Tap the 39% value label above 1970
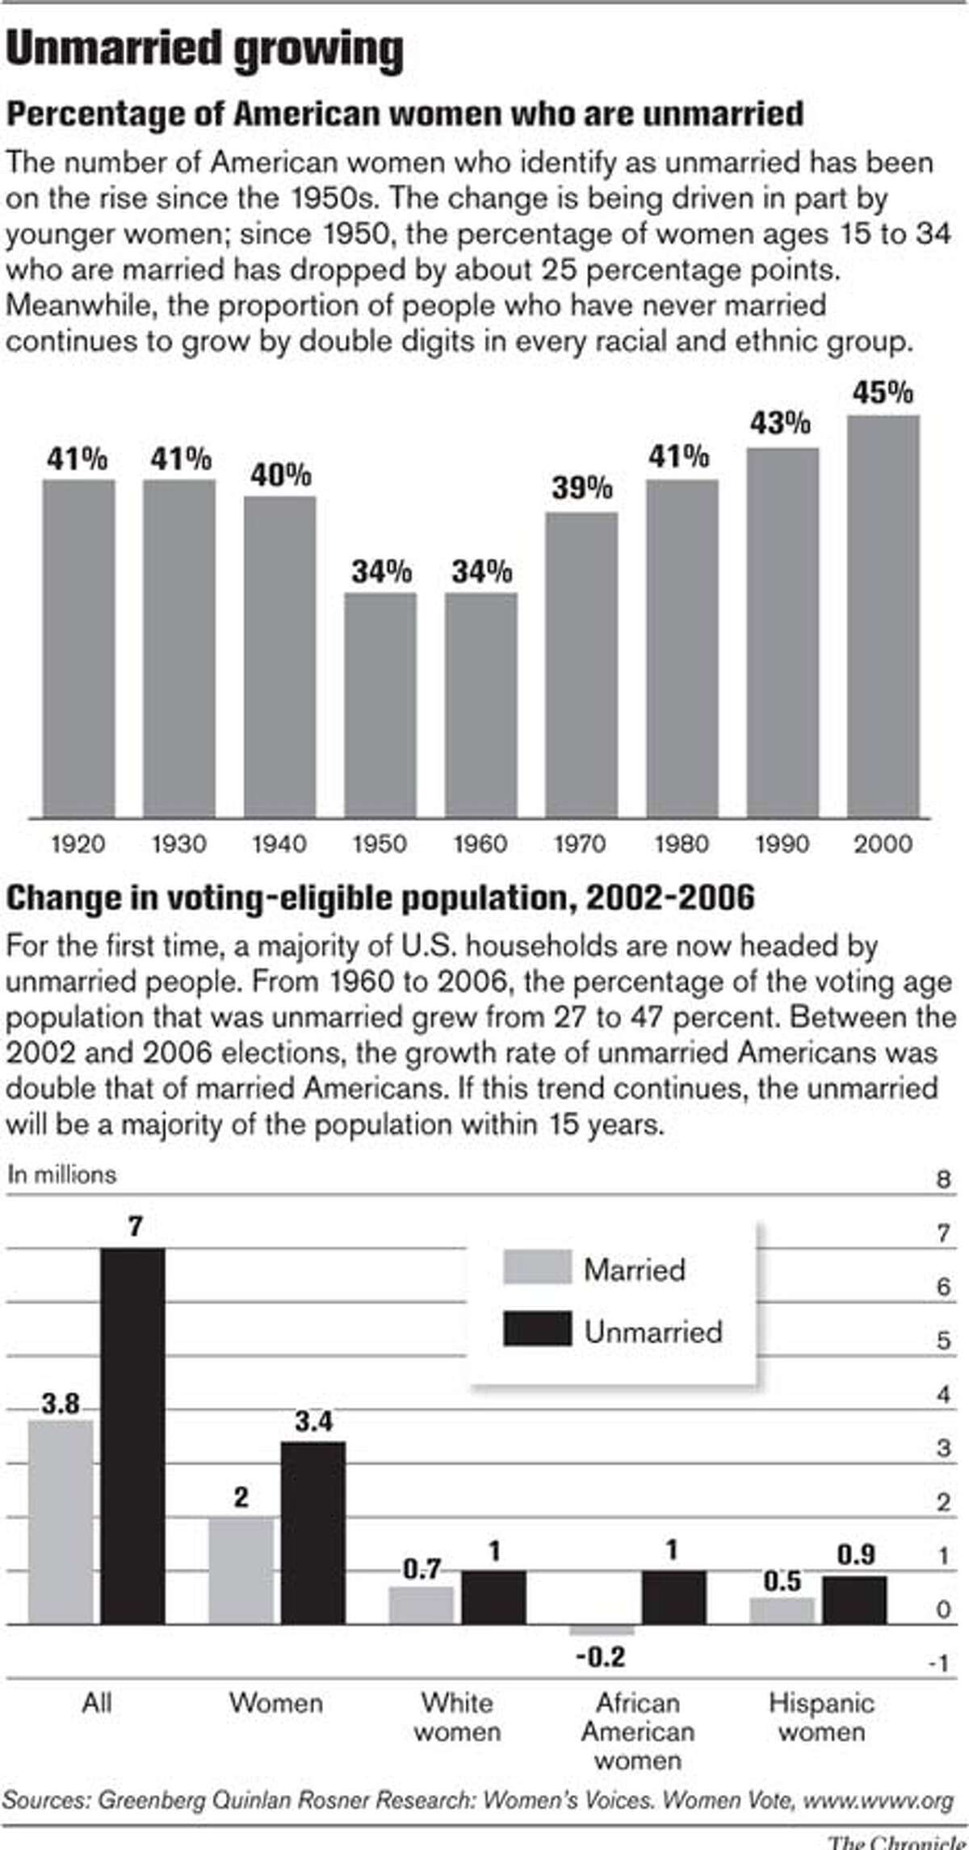pos(582,488)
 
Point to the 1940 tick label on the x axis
pos(279,844)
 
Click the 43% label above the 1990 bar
pos(780,423)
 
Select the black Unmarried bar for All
pos(133,1436)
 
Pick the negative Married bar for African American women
pos(602,1630)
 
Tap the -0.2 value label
pos(601,1657)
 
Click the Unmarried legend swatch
pos(537,1329)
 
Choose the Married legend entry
pos(634,1270)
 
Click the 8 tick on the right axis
pos(943,1179)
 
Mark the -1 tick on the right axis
pos(938,1664)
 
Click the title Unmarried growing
pos(204,50)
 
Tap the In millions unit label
pos(62,1174)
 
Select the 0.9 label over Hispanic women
pos(855,1554)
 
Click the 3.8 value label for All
pos(61,1404)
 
